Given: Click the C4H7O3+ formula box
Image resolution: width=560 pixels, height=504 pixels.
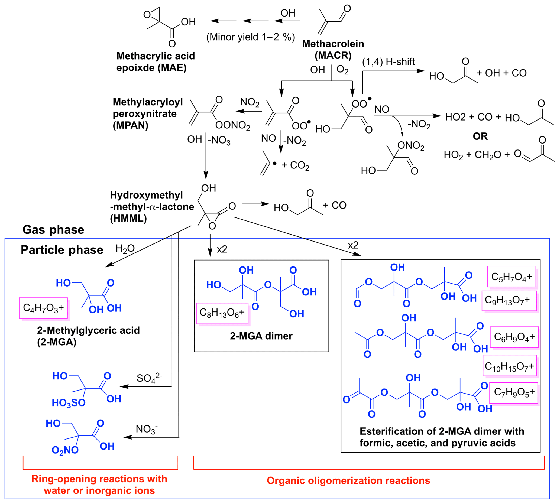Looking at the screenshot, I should coord(43,308).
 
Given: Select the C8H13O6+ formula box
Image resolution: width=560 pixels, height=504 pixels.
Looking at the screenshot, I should coord(222,313).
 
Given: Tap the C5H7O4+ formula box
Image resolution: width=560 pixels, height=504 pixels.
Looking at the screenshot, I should coord(511,276).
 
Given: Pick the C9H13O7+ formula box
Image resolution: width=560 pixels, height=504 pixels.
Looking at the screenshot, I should coord(509,300).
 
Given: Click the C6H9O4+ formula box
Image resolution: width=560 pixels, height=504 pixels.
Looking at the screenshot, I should coord(514,337).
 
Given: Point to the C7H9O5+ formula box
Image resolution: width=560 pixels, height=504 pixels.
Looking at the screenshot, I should coord(513,392).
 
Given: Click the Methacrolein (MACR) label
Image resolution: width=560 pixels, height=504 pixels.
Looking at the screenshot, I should coord(333,50).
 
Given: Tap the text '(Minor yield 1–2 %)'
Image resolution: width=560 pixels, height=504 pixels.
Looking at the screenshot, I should coord(250,37).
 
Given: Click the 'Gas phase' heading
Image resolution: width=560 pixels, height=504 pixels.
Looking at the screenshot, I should coord(53,230).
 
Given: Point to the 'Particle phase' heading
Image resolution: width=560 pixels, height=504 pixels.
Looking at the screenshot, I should coord(62,250).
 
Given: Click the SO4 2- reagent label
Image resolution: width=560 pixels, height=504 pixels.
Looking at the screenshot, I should coord(149,378).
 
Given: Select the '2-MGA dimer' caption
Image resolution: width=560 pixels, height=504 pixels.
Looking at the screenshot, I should coord(261,336).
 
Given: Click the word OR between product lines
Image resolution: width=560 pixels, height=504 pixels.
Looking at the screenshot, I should coord(480,136).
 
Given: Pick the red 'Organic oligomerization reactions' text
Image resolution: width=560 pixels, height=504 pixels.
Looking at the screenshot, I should coord(348,480).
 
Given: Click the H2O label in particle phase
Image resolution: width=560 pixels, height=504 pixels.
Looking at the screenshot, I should coord(125,249).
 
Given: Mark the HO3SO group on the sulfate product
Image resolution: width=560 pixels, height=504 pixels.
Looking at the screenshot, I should coord(68,403).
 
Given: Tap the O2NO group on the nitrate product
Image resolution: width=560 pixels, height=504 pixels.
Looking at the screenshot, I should coord(65,450).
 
